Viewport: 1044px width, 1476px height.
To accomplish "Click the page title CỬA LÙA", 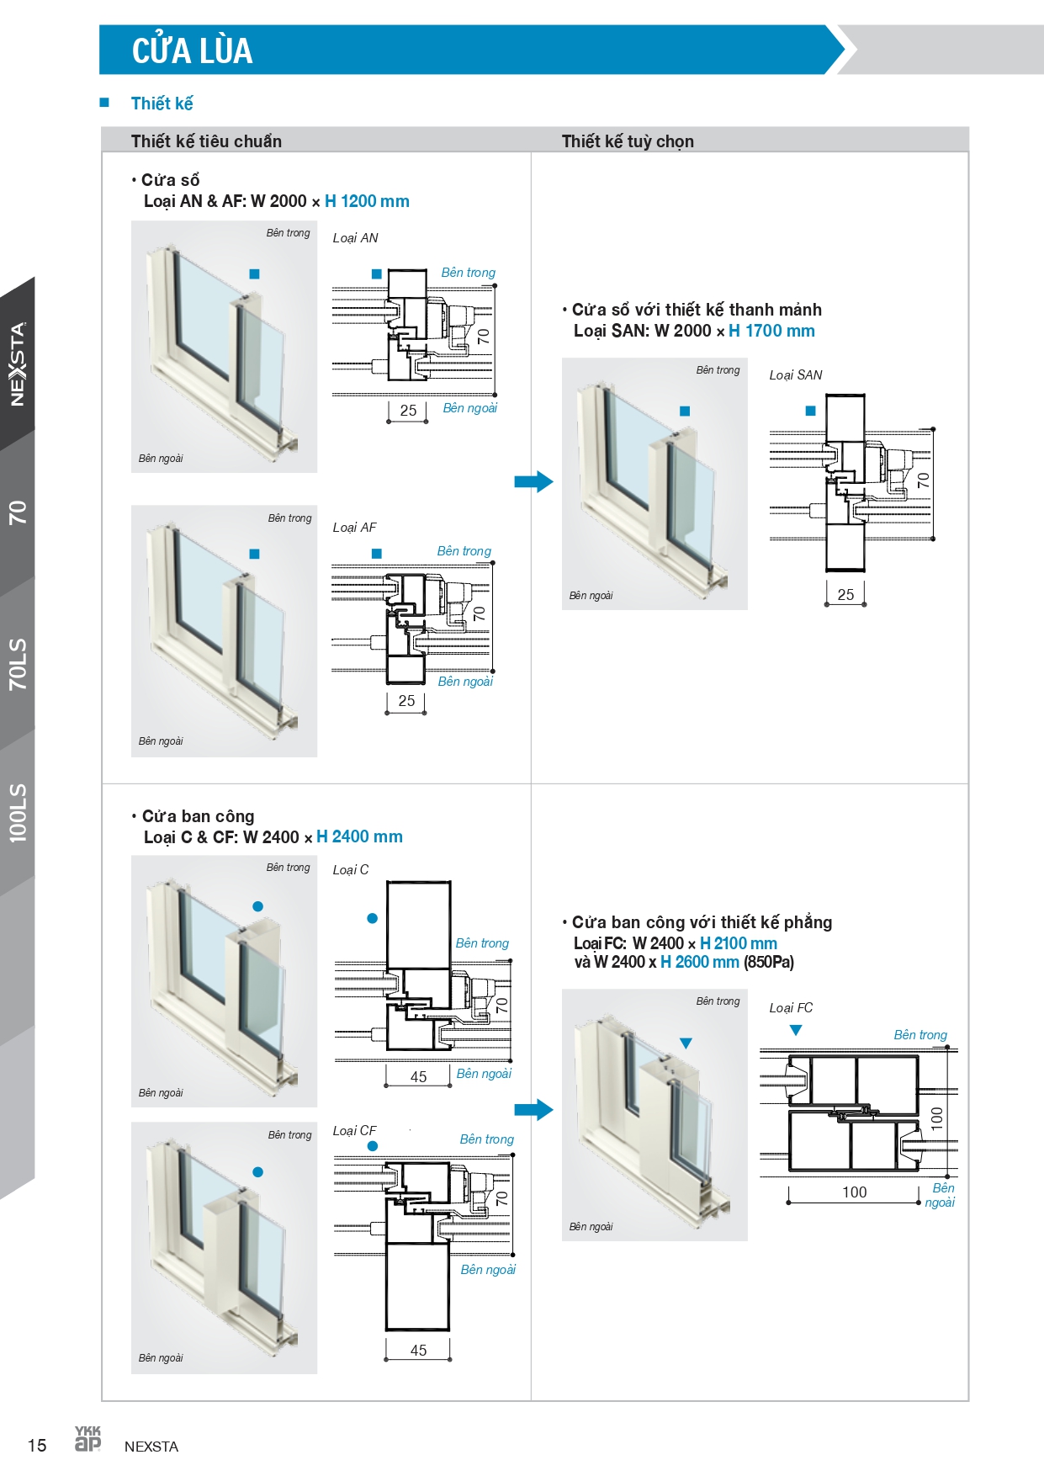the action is coord(192,50).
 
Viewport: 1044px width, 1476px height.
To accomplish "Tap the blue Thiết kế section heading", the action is coord(162,104).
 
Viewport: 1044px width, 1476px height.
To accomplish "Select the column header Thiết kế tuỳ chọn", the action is coord(628,141).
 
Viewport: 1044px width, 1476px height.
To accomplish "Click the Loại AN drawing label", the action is coord(355,238).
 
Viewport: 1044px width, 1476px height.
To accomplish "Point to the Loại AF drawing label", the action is coord(354,528).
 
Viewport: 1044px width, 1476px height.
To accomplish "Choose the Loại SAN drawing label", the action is coord(796,375).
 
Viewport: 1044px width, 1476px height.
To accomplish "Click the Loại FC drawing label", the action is coord(791,1008).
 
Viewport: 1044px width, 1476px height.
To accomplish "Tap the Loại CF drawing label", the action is coord(354,1131).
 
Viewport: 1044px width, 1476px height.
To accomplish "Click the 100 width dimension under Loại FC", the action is coord(854,1192).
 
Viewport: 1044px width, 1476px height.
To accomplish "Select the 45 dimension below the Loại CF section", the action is coord(418,1351).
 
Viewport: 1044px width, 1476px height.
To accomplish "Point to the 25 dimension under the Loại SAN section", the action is coord(845,595).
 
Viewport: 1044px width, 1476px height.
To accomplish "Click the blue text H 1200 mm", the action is coord(367,201).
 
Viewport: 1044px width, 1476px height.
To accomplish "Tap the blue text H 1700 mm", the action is coord(771,331).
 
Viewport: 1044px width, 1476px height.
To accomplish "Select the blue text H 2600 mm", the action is coord(700,962).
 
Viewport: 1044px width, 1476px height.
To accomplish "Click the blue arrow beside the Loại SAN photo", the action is coord(533,482).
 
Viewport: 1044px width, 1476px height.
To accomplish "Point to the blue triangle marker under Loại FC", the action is coord(796,1030).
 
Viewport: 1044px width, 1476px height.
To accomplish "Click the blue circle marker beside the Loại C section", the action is coord(372,918).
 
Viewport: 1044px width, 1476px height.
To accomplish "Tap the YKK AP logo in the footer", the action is coord(87,1439).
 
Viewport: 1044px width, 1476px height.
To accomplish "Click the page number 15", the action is coord(37,1446).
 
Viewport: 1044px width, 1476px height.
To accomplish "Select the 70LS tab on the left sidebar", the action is coord(18,664).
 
